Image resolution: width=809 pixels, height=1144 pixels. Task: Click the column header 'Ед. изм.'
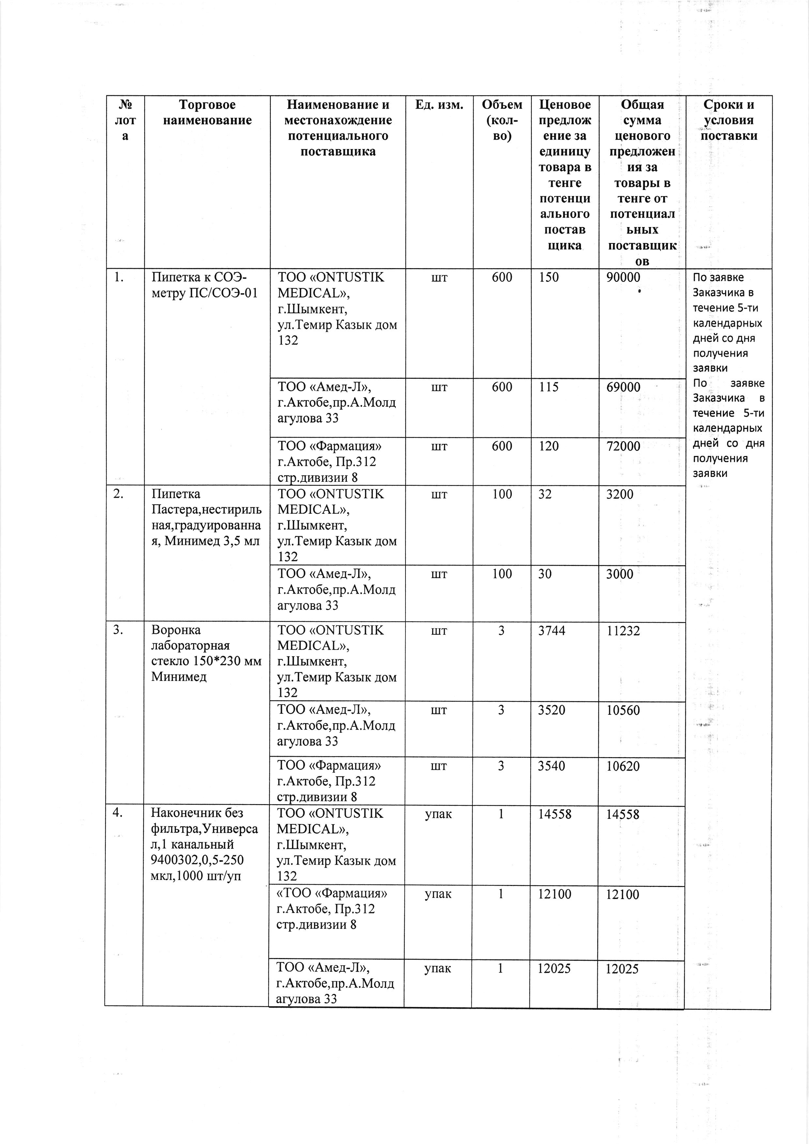(x=439, y=105)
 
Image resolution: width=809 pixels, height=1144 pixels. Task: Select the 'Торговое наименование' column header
(x=207, y=113)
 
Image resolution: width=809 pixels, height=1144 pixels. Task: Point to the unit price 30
(x=545, y=574)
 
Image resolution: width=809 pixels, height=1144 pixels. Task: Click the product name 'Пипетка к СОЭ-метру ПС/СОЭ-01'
(x=205, y=285)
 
